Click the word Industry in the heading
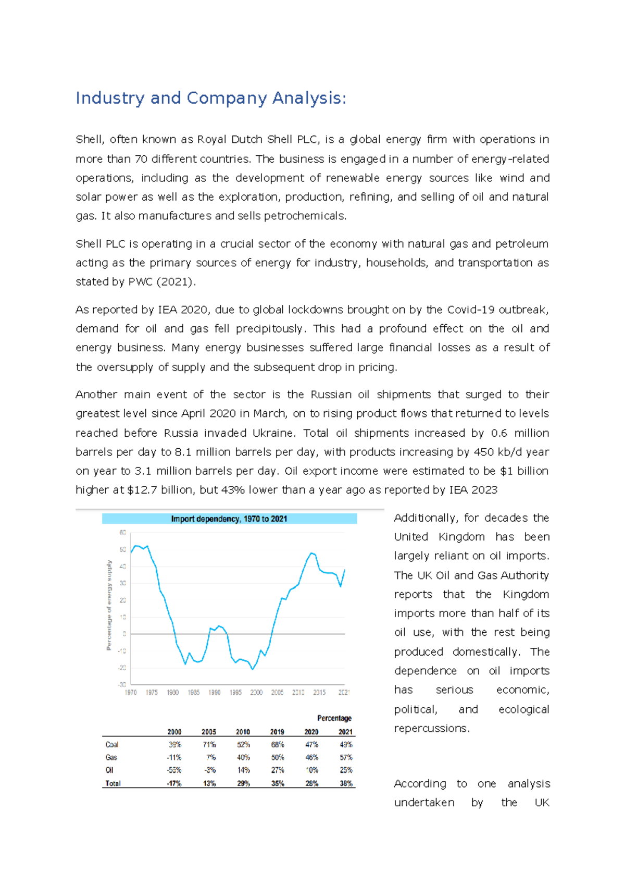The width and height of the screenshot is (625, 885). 109,98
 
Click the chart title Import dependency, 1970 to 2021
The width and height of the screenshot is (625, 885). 229,519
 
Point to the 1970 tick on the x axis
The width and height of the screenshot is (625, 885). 131,692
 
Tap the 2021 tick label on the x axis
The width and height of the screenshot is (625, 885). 344,692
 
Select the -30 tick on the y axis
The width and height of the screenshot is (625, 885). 122,684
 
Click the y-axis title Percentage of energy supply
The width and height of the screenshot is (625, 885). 109,605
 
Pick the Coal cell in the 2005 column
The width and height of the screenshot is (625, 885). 209,745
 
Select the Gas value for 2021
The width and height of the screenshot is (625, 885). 346,757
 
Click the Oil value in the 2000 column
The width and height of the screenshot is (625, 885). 174,770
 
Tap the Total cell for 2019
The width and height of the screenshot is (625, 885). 278,783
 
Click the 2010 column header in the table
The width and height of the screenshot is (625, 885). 243,732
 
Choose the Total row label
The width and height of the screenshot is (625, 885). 113,783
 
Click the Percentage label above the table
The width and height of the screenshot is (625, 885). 334,718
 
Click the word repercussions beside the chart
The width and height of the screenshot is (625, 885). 431,728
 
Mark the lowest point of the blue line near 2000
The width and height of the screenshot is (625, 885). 253,669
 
